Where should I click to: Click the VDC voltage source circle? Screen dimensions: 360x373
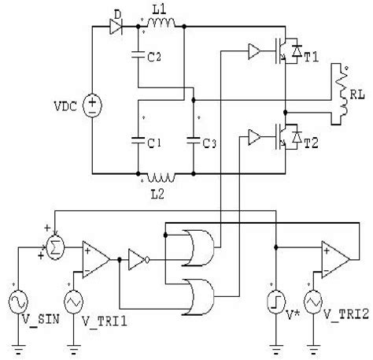(93, 103)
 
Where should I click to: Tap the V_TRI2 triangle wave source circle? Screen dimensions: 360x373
(313, 300)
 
